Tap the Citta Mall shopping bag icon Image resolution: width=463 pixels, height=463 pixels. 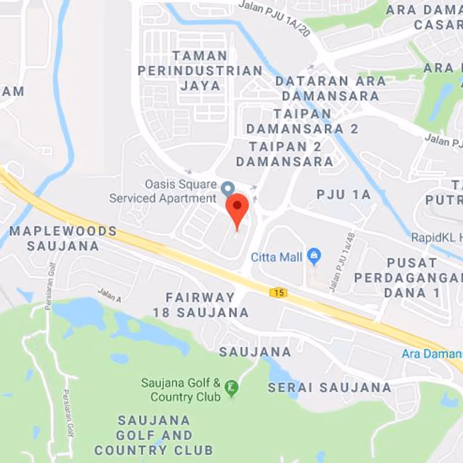[314, 255]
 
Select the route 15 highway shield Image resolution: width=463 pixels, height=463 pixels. [279, 292]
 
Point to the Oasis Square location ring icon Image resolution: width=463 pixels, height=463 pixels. [228, 188]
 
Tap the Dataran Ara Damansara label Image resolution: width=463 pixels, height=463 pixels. [330, 88]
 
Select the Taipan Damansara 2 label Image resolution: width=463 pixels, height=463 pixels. [302, 121]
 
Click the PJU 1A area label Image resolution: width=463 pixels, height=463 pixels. [343, 194]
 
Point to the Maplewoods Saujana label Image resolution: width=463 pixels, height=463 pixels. [63, 238]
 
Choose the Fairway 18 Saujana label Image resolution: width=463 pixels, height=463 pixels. [201, 305]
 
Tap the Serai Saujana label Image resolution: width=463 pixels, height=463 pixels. [329, 387]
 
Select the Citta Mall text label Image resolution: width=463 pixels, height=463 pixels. [277, 257]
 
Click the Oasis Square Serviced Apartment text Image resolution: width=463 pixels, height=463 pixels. [163, 192]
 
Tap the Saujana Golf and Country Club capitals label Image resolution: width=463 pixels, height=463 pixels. [154, 435]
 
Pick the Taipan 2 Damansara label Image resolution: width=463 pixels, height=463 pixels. [285, 153]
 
